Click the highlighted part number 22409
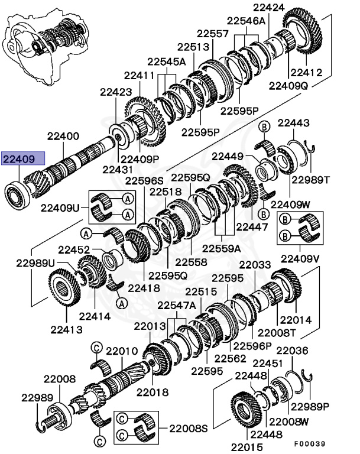[22, 159]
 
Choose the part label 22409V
[300, 258]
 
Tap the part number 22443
[294, 123]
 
